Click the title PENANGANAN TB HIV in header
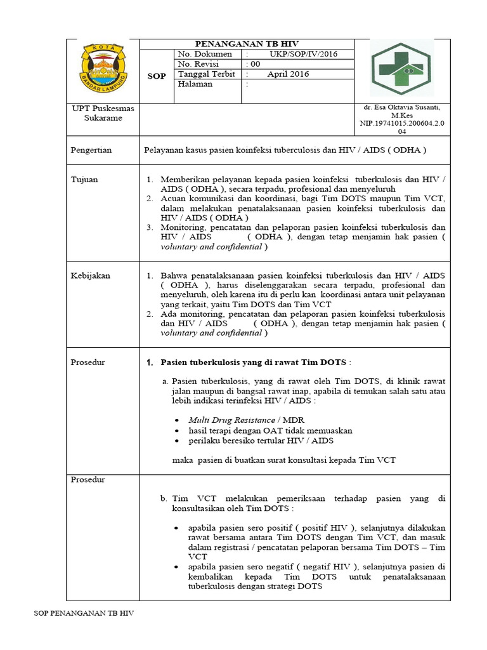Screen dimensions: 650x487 pos(246,44)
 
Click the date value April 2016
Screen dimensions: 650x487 pos(288,74)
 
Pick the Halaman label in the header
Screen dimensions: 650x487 pos(195,84)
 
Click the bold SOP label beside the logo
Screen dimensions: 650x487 pos(157,76)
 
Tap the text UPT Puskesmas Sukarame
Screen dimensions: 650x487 pos(98,113)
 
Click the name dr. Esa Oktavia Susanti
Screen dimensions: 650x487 pos(401,109)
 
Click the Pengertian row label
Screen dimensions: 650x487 pos(92,150)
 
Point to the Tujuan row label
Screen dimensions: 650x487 pos(85,180)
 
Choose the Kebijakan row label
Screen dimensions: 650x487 pos(91,275)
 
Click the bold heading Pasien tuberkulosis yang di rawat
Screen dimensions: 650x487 pos(254,362)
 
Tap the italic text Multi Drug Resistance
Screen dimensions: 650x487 pos(232,420)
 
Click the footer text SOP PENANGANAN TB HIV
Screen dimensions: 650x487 pos(84,614)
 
